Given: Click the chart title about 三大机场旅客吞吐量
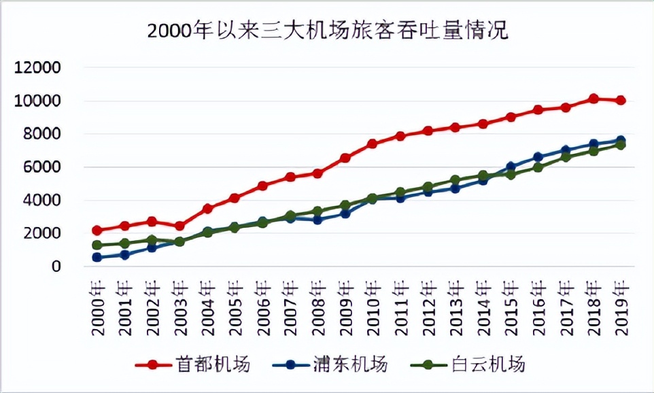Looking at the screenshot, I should click(327, 31).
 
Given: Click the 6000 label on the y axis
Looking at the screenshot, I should click(42, 167).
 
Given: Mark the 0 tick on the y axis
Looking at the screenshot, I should click(56, 267).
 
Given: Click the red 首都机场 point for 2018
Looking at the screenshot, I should click(593, 99).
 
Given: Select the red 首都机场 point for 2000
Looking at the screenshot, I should click(97, 230).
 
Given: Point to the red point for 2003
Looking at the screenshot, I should click(179, 226).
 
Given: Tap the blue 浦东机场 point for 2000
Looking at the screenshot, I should click(97, 258).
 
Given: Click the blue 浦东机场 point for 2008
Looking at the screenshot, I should click(317, 220).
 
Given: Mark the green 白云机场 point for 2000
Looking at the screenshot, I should click(97, 245).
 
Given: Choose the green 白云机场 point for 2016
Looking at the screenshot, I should click(538, 167).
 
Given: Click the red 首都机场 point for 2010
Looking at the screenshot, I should click(373, 144).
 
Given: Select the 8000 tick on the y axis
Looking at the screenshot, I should click(42, 135).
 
